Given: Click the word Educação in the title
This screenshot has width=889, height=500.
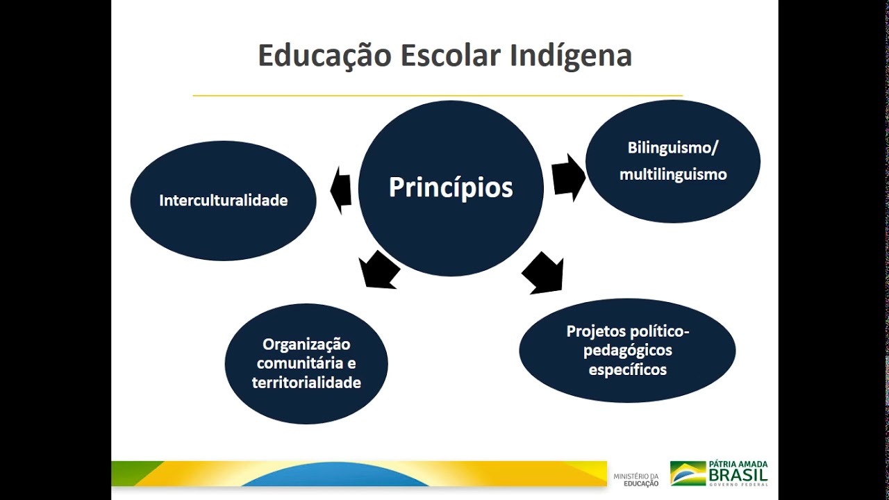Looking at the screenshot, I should [x=324, y=56].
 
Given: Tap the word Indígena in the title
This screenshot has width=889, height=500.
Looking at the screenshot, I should [x=570, y=56].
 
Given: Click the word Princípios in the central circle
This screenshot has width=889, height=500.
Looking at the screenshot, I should [x=451, y=187].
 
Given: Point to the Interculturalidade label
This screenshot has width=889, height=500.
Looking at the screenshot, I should [x=223, y=201].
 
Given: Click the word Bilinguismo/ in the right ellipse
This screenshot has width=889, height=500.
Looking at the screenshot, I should [x=673, y=148].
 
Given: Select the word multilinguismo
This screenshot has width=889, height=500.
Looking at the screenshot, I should [x=673, y=174].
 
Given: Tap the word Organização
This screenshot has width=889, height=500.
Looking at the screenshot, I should [x=306, y=344].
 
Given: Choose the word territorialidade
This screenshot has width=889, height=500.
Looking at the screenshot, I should [x=306, y=383].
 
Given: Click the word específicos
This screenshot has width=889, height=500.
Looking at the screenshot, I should [x=627, y=370].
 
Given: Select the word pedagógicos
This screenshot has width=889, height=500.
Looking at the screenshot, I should [x=627, y=351].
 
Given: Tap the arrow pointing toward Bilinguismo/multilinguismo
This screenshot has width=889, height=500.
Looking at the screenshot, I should [x=568, y=178].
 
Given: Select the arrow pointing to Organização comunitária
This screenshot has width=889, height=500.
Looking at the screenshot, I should [x=379, y=269].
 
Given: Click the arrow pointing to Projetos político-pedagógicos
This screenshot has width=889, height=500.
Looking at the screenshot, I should [x=544, y=272].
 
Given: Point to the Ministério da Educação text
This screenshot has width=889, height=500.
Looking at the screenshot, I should [x=635, y=479].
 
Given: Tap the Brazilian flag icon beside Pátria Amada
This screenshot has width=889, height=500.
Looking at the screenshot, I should [x=687, y=473].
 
